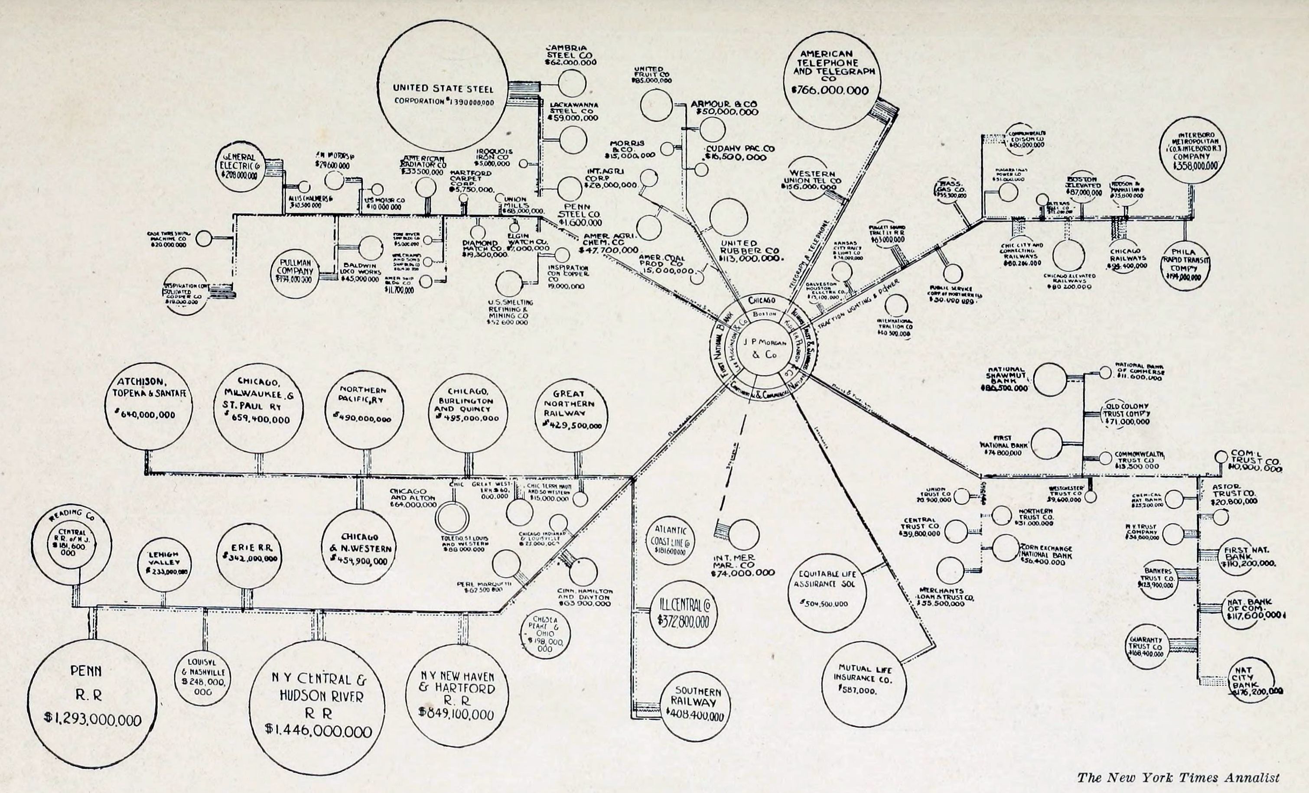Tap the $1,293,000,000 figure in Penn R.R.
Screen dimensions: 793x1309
94,720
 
